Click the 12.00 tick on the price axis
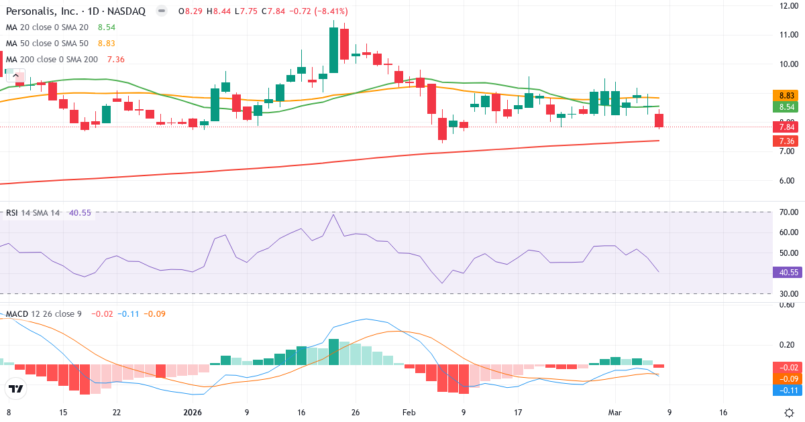coord(786,6)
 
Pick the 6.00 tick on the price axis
coord(786,181)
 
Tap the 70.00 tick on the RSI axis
coord(786,212)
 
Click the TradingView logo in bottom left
coord(15,389)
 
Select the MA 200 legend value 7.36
coord(115,60)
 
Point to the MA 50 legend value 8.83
coord(107,44)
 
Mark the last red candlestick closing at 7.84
coord(659,121)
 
